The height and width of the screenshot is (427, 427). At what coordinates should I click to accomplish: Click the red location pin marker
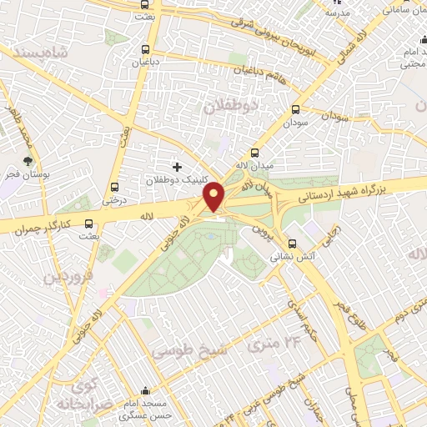point(214,196)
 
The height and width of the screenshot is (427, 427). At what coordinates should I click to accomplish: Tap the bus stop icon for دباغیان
point(147,49)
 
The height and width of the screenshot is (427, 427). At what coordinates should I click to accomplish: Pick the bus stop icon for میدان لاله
point(255,153)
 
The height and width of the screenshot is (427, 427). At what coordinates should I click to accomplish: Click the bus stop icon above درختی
point(114,187)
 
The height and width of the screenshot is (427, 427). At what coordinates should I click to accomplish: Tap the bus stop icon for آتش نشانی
point(291,244)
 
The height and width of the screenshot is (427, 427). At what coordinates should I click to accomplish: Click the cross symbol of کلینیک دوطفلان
point(176,167)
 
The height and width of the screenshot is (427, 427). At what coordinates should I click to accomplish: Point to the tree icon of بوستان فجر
point(29,161)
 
